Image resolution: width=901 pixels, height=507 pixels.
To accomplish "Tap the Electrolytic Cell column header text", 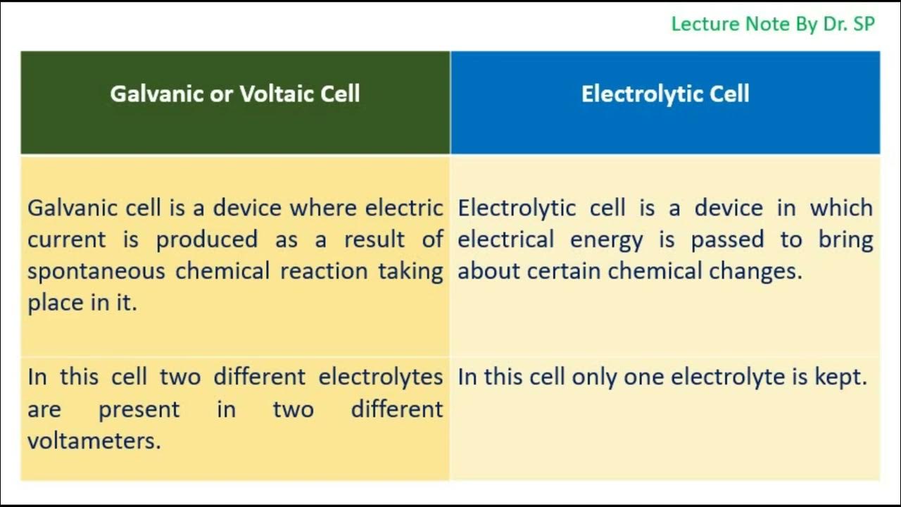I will pos(665,94).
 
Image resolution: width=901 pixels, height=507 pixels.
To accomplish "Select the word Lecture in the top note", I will pos(702,24).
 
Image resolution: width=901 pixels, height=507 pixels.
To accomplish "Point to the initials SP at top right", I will pos(862,24).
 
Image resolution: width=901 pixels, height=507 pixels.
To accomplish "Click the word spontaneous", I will pos(96,271).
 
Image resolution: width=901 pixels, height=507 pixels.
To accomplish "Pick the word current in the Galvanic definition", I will pos(66,239).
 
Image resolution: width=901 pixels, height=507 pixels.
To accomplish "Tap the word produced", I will pos(206,239).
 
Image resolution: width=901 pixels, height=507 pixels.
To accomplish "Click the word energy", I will pos(606,239).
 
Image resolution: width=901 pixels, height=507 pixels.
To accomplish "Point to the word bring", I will pos(845,239).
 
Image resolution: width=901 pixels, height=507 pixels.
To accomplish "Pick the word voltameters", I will pos(94,441).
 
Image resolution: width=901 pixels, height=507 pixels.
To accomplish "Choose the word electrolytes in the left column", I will pos(380,377).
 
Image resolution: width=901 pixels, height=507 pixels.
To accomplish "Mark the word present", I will pos(139,409).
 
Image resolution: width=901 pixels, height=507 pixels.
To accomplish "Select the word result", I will pos(375,239).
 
